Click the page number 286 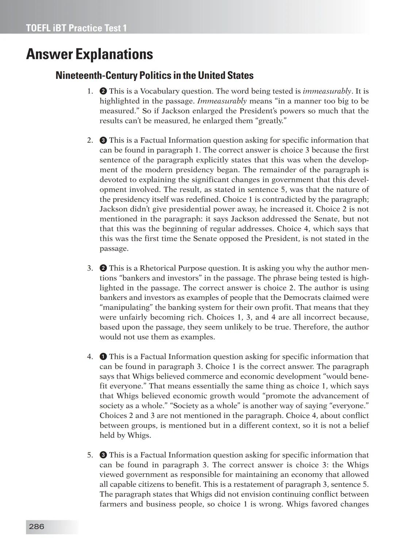point(36,527)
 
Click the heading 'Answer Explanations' point(89,54)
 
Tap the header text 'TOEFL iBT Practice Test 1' point(76,28)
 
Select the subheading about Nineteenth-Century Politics point(154,76)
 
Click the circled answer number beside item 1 point(103,91)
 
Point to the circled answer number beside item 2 point(103,140)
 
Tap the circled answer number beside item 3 point(103,268)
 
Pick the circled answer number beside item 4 point(103,357)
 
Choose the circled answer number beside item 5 point(103,455)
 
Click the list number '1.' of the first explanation point(90,91)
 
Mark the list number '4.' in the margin point(90,357)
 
